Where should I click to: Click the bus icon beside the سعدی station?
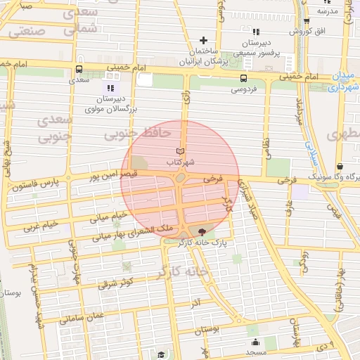pyautogui.click(x=78, y=70)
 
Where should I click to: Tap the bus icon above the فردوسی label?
pyautogui.click(x=243, y=79)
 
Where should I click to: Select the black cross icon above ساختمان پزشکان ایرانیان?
pyautogui.click(x=204, y=40)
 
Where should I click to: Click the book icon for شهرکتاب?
pyautogui.click(x=181, y=151)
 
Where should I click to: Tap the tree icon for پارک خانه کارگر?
pyautogui.click(x=203, y=231)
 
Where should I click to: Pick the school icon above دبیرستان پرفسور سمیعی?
pyautogui.click(x=256, y=32)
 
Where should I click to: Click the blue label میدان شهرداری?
pyautogui.click(x=344, y=82)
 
